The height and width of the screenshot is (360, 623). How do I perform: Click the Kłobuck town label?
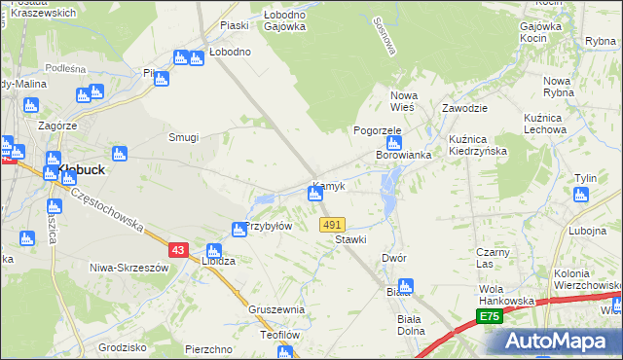tap(82, 168)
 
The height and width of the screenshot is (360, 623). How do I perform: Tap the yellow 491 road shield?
tap(332, 225)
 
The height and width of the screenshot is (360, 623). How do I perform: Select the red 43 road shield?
tap(177, 250)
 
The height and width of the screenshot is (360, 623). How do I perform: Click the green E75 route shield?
tap(489, 317)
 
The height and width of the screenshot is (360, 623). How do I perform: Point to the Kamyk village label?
tap(330, 185)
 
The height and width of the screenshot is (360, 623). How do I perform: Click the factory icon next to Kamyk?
tap(314, 195)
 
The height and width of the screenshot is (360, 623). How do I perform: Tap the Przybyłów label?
tap(269, 226)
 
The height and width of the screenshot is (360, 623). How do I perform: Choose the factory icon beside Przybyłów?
tap(238, 230)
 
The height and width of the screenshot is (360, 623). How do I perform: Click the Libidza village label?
tap(218, 262)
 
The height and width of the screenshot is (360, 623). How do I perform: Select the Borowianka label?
tap(404, 155)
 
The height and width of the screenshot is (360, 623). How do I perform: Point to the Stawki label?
tap(350, 239)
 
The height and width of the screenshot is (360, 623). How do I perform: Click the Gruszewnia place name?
tap(276, 309)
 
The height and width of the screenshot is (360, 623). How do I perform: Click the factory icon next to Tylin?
tap(581, 195)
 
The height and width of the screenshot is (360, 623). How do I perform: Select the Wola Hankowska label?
tap(506, 295)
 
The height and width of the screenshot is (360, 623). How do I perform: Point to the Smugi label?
tap(184, 138)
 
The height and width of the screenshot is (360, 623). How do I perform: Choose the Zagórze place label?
tap(57, 126)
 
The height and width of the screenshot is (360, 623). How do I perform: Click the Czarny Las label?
tap(493, 257)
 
